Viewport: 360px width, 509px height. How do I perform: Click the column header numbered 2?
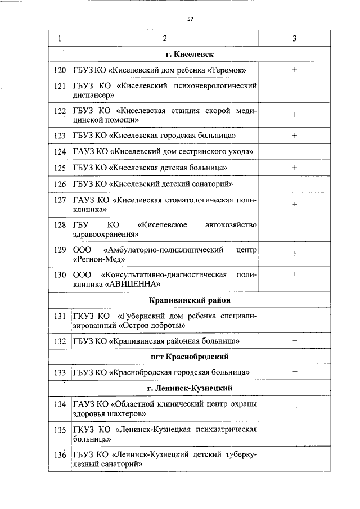click(x=165, y=38)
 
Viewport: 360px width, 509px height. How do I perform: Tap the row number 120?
click(x=59, y=70)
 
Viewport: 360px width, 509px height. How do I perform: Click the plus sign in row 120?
click(x=295, y=70)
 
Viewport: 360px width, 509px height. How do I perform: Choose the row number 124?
click(x=59, y=151)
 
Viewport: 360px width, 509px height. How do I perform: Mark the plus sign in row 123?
click(x=295, y=135)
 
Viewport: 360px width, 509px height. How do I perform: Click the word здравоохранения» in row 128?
click(x=106, y=235)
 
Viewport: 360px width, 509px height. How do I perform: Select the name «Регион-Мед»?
click(x=99, y=259)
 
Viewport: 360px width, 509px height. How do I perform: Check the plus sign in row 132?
click(x=295, y=340)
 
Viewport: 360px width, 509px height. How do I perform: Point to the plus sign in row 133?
click(x=295, y=372)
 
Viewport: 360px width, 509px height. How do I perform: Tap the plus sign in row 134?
click(x=295, y=408)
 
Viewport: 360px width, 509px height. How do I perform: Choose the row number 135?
click(x=59, y=430)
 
